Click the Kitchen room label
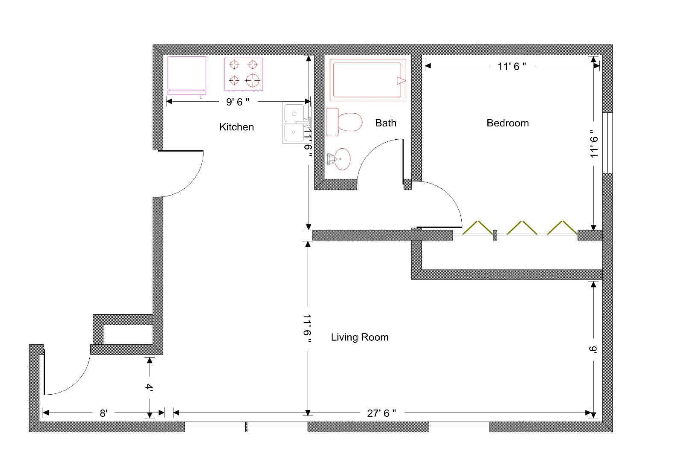pyautogui.click(x=236, y=127)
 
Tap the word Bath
pyautogui.click(x=386, y=123)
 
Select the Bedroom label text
pyautogui.click(x=507, y=123)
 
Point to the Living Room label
pyautogui.click(x=360, y=337)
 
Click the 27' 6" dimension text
pyautogui.click(x=381, y=413)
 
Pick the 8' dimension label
pyautogui.click(x=103, y=413)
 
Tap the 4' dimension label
pyautogui.click(x=149, y=387)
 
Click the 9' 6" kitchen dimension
pyautogui.click(x=238, y=102)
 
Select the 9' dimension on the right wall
pyautogui.click(x=593, y=349)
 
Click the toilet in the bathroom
pyautogui.click(x=345, y=122)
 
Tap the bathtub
pyautogui.click(x=368, y=80)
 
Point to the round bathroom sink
pyautogui.click(x=342, y=159)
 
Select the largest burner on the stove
pyautogui.click(x=253, y=81)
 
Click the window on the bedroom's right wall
pyautogui.click(x=607, y=143)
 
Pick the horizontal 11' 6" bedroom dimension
pyautogui.click(x=512, y=66)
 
